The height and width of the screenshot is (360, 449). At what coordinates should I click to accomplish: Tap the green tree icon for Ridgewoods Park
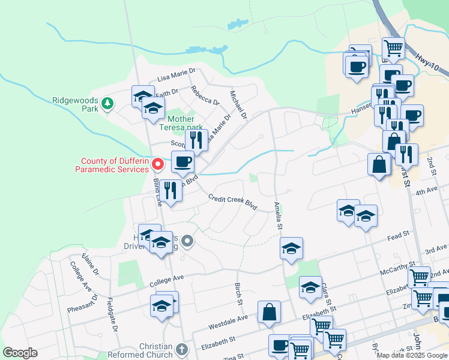point(107,104)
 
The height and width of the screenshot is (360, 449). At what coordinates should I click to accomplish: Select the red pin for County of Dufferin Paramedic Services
point(158,163)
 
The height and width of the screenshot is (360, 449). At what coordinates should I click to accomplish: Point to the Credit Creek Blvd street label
point(233,202)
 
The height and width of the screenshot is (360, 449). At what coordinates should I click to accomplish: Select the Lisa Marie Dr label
point(176,74)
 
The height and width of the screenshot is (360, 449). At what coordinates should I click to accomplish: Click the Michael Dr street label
point(238,104)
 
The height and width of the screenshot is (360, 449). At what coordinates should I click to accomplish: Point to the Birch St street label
point(238,293)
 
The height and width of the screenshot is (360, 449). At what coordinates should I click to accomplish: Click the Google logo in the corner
point(20,353)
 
